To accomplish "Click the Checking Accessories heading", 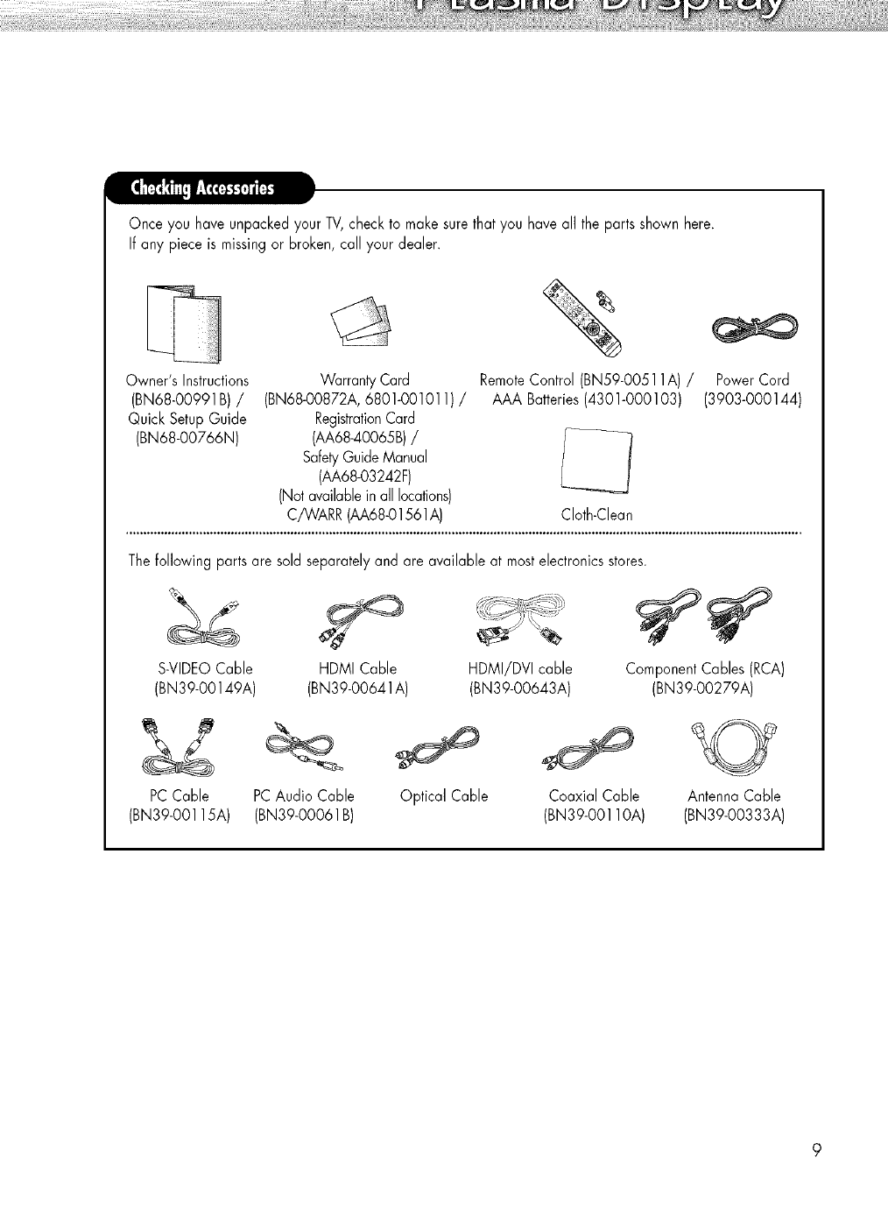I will [201, 189].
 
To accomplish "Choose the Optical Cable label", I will [443, 796].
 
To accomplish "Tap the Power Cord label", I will [752, 380].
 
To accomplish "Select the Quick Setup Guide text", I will [187, 419].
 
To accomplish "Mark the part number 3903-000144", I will [753, 399].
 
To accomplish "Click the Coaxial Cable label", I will [594, 796].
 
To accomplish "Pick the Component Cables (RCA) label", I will [704, 669].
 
